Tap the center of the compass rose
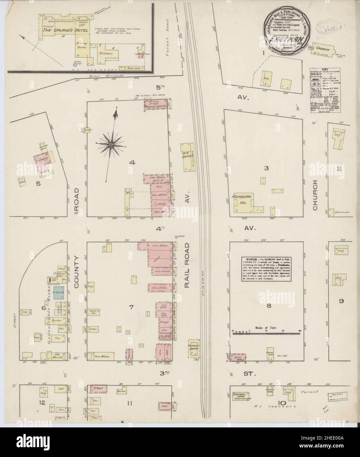[111, 144]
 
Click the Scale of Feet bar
[266, 333]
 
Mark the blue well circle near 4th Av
[176, 236]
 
